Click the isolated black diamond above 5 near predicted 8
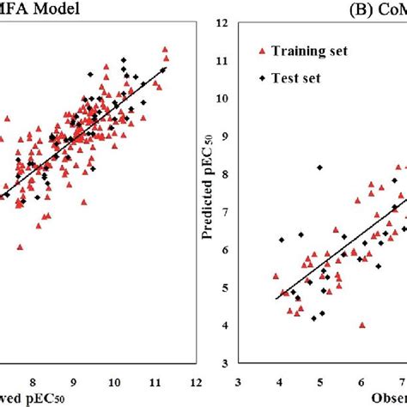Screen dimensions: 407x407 (319, 167)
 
